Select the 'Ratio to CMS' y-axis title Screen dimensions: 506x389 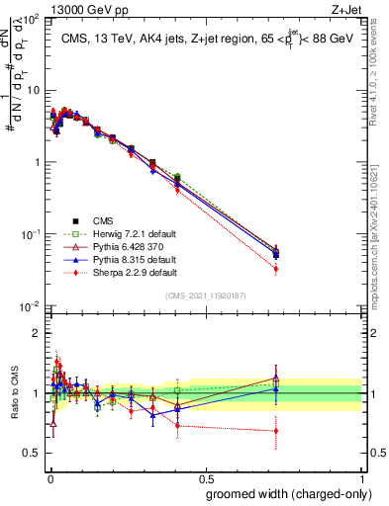[13, 393]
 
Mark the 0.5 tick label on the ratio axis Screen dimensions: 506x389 [34, 454]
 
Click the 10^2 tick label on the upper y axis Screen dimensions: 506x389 [31, 19]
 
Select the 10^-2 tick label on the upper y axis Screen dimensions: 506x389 [30, 306]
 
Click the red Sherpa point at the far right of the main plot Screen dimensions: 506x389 [276, 269]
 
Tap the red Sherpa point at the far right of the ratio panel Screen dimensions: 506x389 [276, 431]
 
